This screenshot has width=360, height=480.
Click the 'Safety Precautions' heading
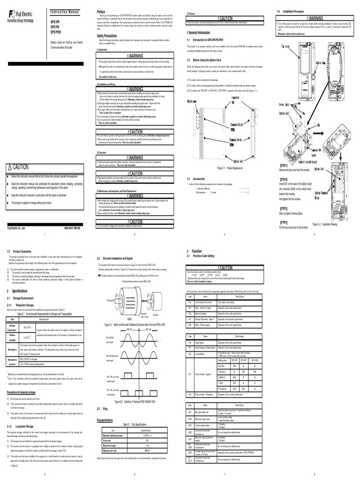coord(109,35)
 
